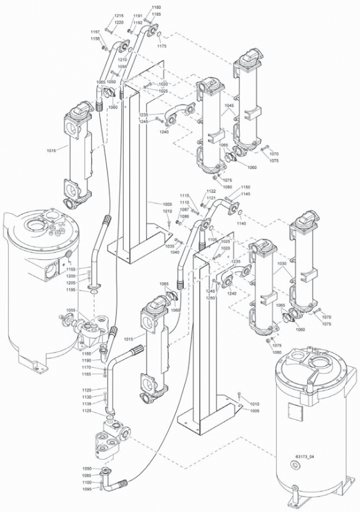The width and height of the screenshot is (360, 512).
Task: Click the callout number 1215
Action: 119,15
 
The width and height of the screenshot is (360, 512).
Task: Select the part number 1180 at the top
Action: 156,7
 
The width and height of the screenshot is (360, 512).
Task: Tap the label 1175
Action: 161,46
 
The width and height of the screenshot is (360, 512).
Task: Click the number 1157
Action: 95,31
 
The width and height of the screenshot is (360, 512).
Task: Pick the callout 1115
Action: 184,195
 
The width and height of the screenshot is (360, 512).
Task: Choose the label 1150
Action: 245,187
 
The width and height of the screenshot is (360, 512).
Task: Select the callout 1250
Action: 210,298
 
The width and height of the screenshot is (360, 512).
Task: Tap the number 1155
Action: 70,269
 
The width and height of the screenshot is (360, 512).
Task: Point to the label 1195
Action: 70,290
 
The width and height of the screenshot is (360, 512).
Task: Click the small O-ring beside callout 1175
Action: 158,35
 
